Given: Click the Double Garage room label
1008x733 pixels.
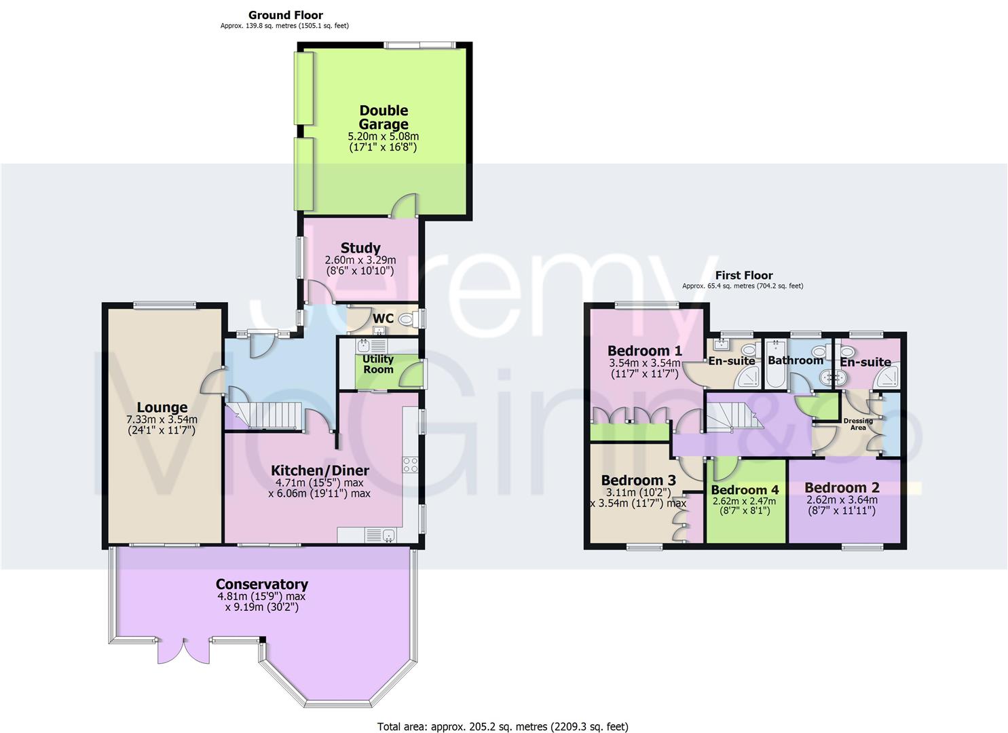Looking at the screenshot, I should tap(384, 117).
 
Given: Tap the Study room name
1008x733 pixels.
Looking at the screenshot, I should tap(360, 248).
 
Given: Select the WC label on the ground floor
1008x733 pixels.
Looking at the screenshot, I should tap(383, 318).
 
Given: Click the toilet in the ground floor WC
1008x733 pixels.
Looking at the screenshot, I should tap(408, 319).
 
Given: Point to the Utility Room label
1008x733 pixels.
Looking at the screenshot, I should tap(378, 364).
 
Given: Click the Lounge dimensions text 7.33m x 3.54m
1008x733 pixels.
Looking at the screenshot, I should tap(162, 419).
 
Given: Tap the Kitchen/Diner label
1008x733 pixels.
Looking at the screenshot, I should tap(320, 470).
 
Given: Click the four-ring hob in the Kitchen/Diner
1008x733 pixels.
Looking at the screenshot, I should tap(410, 465).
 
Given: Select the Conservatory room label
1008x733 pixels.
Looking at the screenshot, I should tap(261, 584).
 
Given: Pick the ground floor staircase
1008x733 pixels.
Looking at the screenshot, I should tap(261, 414).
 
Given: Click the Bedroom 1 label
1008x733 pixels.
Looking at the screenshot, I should tap(644, 351).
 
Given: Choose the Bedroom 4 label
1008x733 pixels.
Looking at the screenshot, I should tap(745, 489).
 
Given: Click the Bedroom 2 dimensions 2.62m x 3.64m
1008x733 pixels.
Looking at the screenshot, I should tap(842, 500).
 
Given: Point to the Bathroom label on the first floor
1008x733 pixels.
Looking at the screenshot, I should tap(795, 360).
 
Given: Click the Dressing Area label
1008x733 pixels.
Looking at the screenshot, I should tap(858, 424).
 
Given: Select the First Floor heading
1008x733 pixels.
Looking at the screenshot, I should tap(744, 275).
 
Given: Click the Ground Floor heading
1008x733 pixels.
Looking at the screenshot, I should tap(285, 15).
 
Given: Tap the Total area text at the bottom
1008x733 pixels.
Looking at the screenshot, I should tap(502, 727).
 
